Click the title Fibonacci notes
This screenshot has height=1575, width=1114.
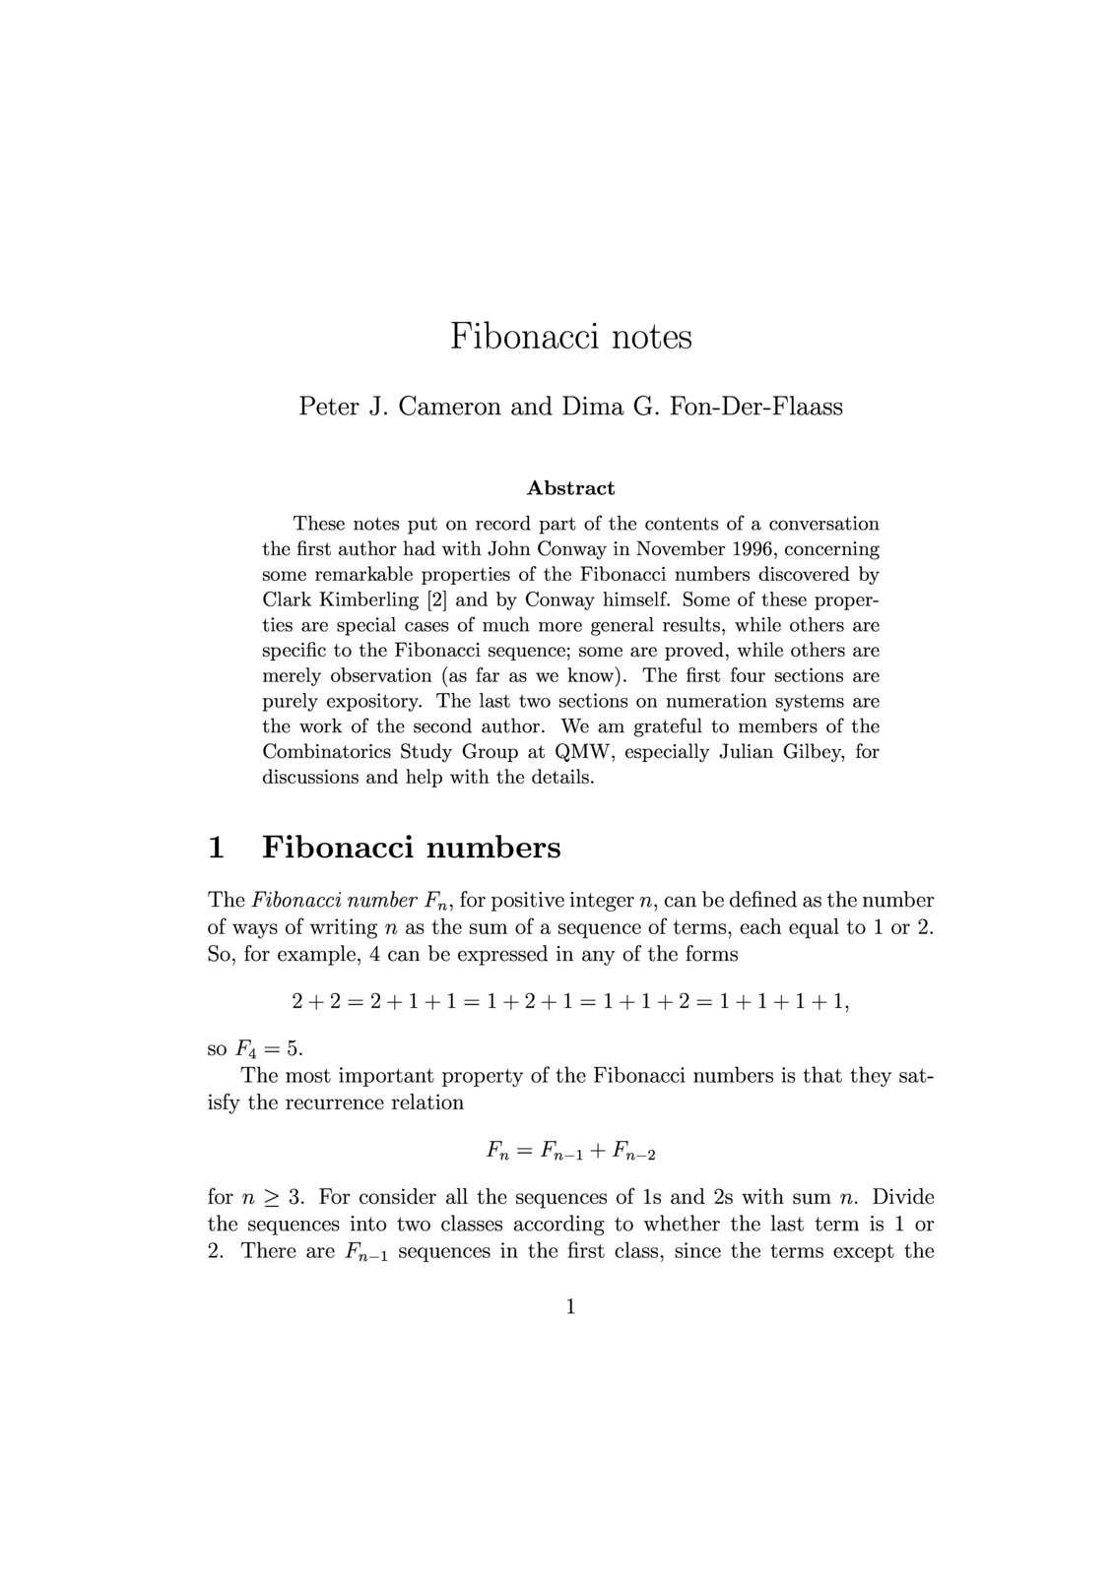(571, 337)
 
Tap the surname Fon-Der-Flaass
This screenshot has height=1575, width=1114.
(756, 406)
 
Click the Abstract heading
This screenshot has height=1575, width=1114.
(571, 488)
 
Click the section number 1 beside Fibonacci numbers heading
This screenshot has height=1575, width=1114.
(217, 847)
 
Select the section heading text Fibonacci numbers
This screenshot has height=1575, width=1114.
(412, 847)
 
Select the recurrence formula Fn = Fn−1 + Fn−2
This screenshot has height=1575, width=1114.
(570, 1150)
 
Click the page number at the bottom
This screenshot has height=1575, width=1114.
(570, 1307)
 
